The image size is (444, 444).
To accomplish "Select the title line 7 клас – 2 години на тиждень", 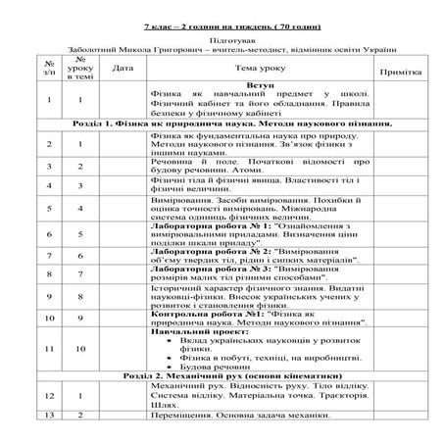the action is tap(221, 21).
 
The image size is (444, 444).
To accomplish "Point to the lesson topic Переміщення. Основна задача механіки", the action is tap(240, 416).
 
